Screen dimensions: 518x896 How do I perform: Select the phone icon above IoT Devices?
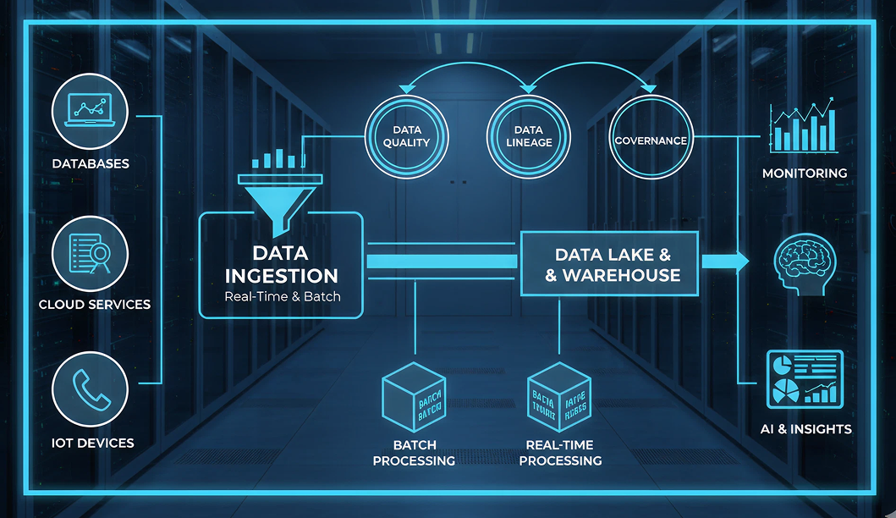pyautogui.click(x=90, y=390)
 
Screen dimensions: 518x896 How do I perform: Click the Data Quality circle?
pyautogui.click(x=406, y=137)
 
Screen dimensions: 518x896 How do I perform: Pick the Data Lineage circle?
pyautogui.click(x=529, y=137)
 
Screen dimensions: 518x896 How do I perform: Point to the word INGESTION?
pyautogui.click(x=282, y=275)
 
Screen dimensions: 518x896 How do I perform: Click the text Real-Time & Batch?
pyautogui.click(x=282, y=296)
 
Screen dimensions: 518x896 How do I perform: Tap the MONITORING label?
pyautogui.click(x=805, y=174)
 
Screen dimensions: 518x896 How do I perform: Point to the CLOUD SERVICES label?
pyautogui.click(x=95, y=304)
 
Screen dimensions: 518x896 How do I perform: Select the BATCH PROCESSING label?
pyautogui.click(x=414, y=453)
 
